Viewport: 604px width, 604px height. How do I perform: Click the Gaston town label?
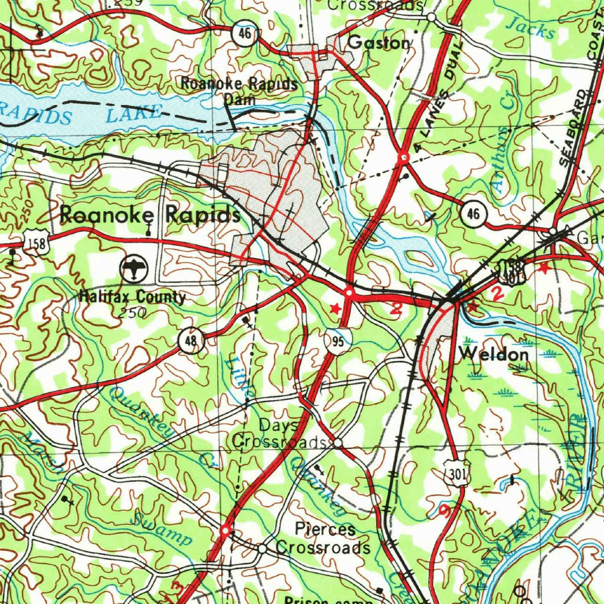(x=378, y=43)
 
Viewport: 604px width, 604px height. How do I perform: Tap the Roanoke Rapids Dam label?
(x=239, y=90)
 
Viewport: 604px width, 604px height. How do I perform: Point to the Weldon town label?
(x=494, y=354)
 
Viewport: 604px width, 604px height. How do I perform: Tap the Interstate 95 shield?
(x=336, y=342)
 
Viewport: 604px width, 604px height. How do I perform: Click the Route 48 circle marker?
(x=192, y=340)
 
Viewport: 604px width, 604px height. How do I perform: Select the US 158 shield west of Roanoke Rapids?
(x=37, y=242)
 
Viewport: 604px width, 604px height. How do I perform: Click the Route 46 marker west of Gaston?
(x=244, y=34)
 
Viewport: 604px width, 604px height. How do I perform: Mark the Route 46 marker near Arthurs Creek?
(x=474, y=214)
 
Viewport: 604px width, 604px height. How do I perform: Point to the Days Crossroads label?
(x=278, y=433)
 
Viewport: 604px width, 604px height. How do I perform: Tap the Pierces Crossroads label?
(x=323, y=538)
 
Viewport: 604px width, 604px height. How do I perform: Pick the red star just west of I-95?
(x=335, y=308)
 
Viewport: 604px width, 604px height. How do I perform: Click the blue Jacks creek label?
(x=531, y=27)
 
